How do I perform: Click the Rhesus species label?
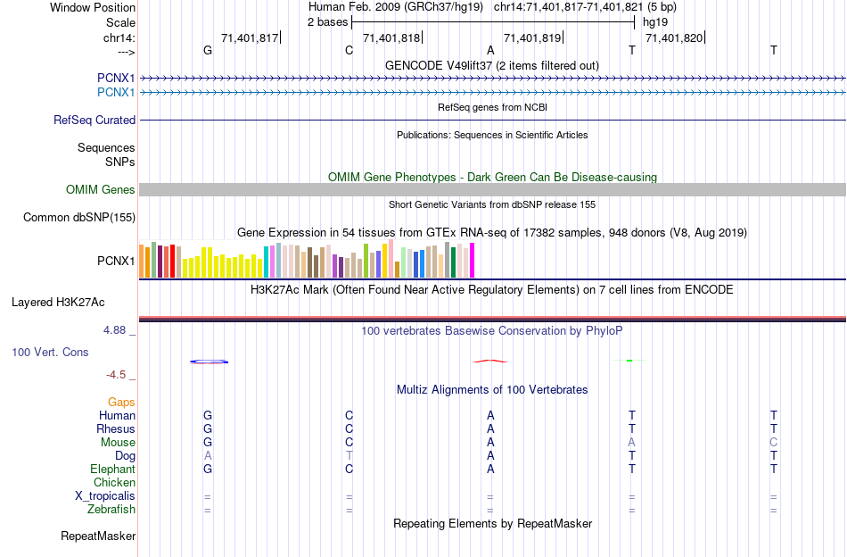pos(116,428)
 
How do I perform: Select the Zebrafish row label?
pos(111,509)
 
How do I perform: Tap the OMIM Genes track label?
pos(101,189)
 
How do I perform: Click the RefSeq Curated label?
pos(95,120)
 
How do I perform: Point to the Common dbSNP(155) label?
pos(79,217)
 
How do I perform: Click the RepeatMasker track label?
pos(98,536)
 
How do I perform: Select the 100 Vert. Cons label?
pos(50,352)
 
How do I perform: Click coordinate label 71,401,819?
pos(532,37)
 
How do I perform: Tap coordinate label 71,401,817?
pos(250,37)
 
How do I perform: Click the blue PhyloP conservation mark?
pos(210,362)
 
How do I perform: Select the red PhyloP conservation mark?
pos(490,361)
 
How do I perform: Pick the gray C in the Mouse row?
pos(773,442)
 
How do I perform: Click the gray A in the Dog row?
pos(208,455)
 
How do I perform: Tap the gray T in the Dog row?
pos(349,455)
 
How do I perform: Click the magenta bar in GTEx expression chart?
pos(472,260)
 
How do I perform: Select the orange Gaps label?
pos(121,402)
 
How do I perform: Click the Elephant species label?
pos(112,469)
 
